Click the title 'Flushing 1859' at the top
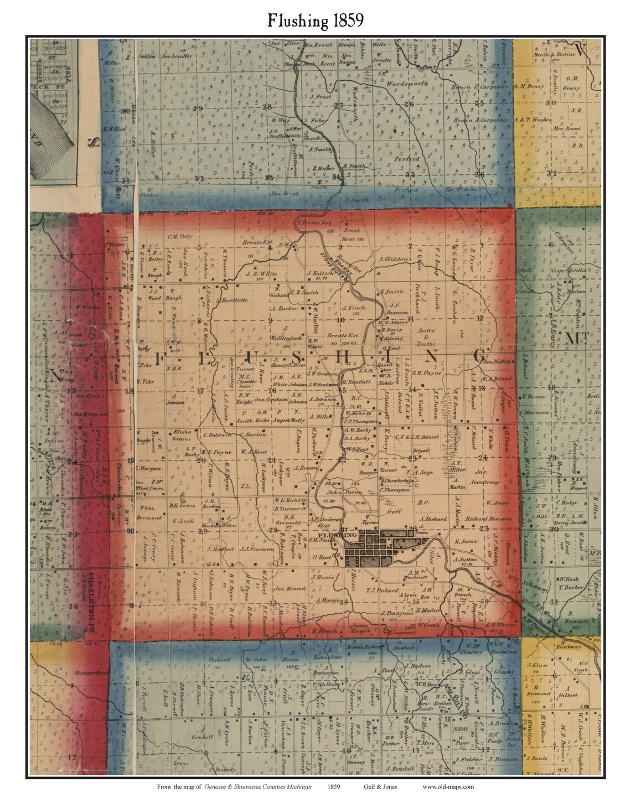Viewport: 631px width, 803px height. click(x=316, y=20)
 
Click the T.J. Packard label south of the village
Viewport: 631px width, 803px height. click(x=382, y=590)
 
